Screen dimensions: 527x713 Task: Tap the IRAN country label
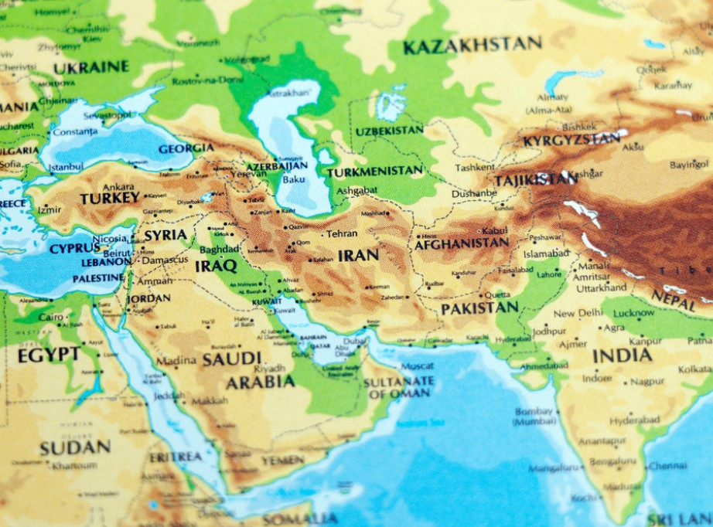coord(358,255)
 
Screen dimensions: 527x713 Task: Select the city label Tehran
coord(342,233)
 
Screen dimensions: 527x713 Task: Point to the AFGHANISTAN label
coord(462,243)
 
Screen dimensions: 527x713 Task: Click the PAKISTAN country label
coord(479,308)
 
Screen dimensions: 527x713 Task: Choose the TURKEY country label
coord(110,198)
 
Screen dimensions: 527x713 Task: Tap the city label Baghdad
coord(220,250)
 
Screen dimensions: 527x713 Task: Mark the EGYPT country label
coord(49,355)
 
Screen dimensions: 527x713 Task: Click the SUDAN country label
coord(75,447)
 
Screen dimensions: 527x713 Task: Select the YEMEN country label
coord(283,460)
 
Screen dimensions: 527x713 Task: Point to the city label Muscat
coord(417,365)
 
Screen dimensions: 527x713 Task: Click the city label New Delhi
coord(578,314)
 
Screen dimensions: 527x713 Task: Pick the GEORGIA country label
coord(186,148)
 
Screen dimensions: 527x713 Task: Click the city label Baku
coord(294,179)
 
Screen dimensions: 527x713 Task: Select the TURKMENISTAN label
coord(374,171)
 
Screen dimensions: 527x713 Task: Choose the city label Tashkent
coord(475,168)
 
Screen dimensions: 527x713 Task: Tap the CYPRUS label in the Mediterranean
coord(75,249)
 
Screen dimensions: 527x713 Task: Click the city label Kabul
coord(494,230)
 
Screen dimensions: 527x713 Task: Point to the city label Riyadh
coord(270,369)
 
